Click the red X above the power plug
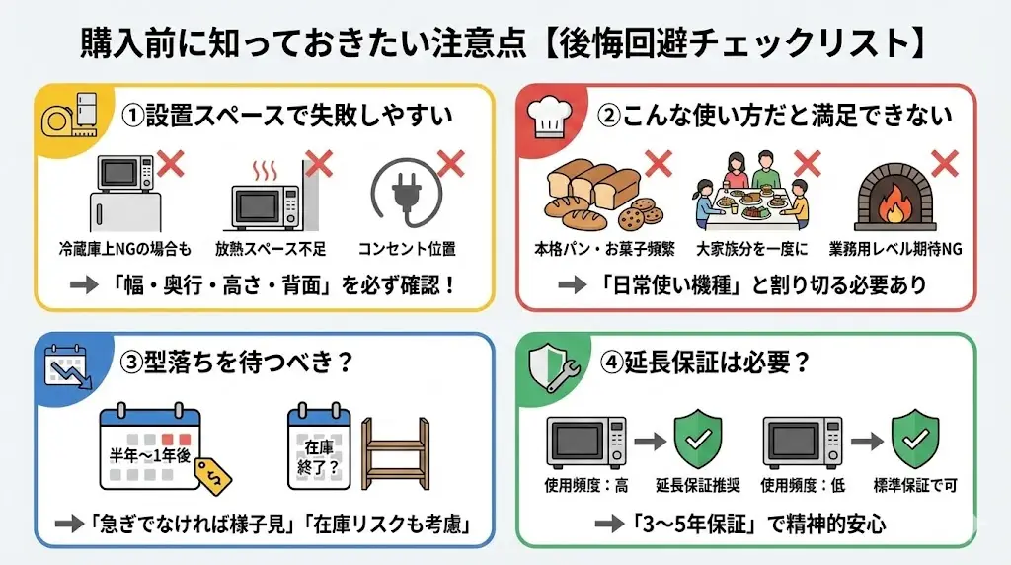click(451, 164)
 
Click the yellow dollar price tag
click(214, 477)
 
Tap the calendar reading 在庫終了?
click(317, 450)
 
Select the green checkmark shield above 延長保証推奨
click(699, 441)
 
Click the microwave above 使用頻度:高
click(586, 442)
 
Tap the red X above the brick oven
click(945, 162)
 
